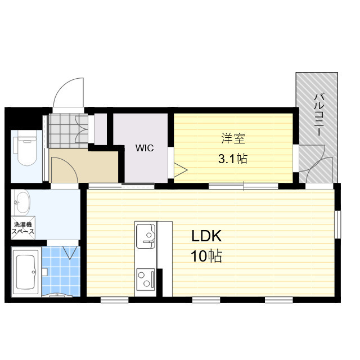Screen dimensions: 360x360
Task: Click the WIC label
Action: tap(144, 149)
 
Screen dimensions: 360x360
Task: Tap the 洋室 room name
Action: tap(232, 138)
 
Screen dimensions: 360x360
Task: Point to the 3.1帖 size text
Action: tap(232, 159)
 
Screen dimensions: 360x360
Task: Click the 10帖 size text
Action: tap(206, 256)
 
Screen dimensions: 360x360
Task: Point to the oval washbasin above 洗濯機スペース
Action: tap(22, 201)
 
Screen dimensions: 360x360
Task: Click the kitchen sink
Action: tap(145, 233)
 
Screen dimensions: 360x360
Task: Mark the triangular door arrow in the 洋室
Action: tap(180, 170)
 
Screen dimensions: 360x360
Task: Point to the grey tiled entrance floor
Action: tap(66, 129)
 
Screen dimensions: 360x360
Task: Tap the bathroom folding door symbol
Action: tap(71, 251)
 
